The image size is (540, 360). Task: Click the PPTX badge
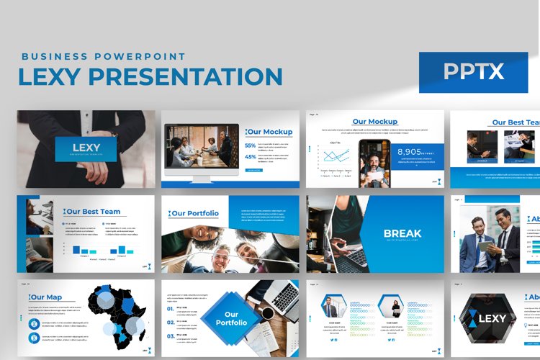pyautogui.click(x=473, y=72)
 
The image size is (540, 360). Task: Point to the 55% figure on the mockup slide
pyautogui.click(x=251, y=145)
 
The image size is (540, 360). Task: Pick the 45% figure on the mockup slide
pyautogui.click(x=251, y=156)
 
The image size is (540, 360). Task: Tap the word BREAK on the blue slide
pyautogui.click(x=402, y=233)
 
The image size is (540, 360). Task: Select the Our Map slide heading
pyautogui.click(x=47, y=297)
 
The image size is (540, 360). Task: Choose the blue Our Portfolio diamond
pyautogui.click(x=230, y=319)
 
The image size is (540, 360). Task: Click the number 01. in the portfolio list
pyautogui.click(x=170, y=309)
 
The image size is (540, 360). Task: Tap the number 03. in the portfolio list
pyautogui.click(x=170, y=336)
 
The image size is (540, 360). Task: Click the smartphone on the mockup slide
pyautogui.click(x=374, y=163)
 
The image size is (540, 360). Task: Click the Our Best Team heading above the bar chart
pyautogui.click(x=93, y=212)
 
